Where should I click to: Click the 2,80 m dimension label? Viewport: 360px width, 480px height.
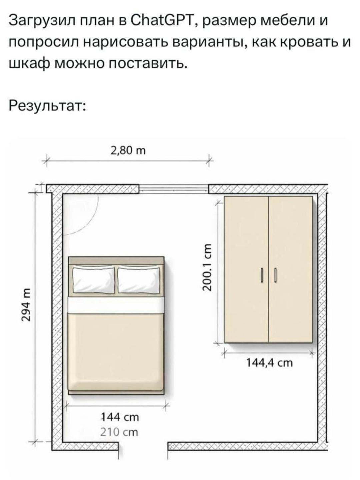128,151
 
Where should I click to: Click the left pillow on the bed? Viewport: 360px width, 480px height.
93,280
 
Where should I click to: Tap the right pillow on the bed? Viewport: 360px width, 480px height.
139,280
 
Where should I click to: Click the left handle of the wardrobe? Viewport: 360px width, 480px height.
262,275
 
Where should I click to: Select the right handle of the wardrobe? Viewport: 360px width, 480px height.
275,275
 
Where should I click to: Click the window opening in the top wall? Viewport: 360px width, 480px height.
174,189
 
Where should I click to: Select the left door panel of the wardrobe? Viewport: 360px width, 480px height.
246,269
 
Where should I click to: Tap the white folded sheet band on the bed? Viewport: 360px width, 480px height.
116,305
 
